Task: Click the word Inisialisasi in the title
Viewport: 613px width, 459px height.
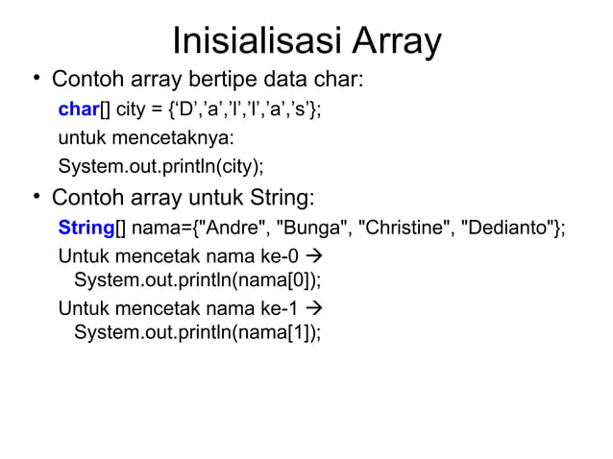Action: pos(253,40)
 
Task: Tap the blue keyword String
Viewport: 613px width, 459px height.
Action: pos(86,228)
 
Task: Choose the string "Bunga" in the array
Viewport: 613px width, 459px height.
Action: pos(312,228)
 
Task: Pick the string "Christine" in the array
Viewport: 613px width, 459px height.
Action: pos(405,228)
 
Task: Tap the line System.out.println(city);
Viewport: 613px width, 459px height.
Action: pos(160,167)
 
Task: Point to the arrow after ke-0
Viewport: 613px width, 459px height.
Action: pos(314,257)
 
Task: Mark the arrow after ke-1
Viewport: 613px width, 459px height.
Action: pos(314,309)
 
